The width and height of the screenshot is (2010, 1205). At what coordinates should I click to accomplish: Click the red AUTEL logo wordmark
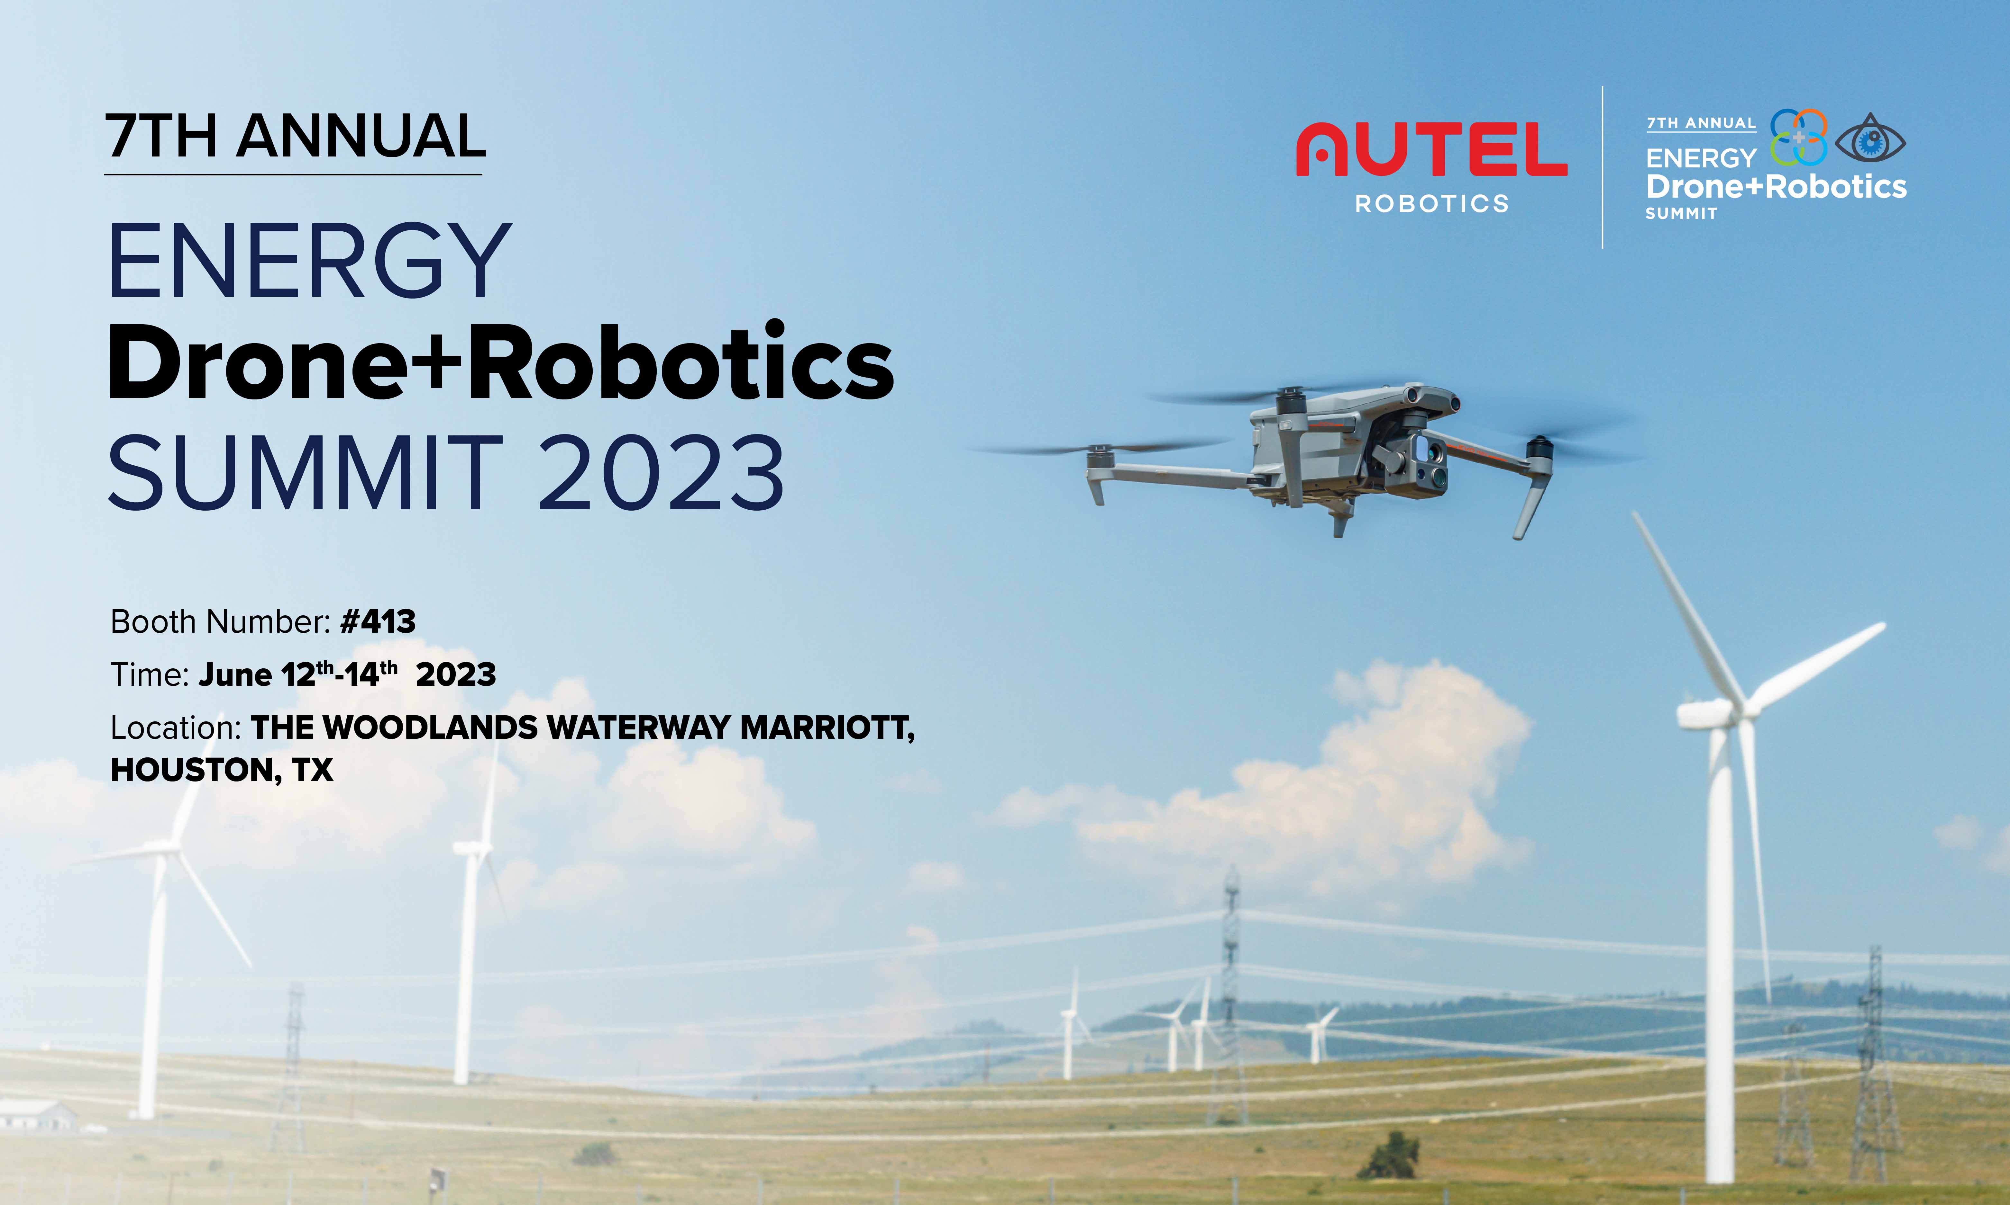(1431, 149)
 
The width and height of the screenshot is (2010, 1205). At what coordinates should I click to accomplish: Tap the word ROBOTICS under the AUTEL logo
(1431, 203)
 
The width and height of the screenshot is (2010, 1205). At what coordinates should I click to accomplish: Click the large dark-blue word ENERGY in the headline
(310, 261)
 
